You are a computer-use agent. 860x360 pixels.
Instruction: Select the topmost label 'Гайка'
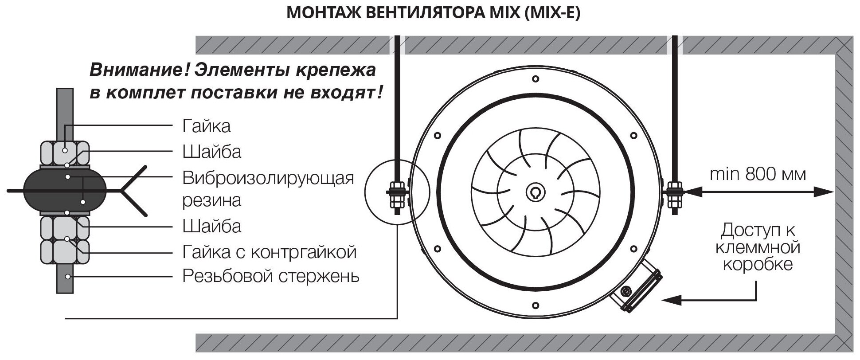[206, 126]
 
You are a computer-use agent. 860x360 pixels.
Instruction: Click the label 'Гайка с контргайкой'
[270, 252]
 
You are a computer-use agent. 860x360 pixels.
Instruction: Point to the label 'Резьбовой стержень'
[271, 277]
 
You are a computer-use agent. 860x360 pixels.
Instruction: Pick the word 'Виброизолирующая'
[268, 178]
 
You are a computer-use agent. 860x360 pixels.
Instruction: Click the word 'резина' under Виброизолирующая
[212, 200]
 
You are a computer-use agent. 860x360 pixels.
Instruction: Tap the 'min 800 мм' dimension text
[758, 174]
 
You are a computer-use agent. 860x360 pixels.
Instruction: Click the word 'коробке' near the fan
[758, 264]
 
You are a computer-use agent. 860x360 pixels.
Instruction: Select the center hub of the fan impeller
[535, 192]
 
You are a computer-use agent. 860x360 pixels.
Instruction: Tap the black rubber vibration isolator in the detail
[65, 191]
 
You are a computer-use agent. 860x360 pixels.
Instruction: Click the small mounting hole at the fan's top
[535, 79]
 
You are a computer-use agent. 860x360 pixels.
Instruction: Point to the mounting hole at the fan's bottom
[535, 305]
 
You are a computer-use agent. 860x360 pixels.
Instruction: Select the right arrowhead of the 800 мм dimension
[826, 192]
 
